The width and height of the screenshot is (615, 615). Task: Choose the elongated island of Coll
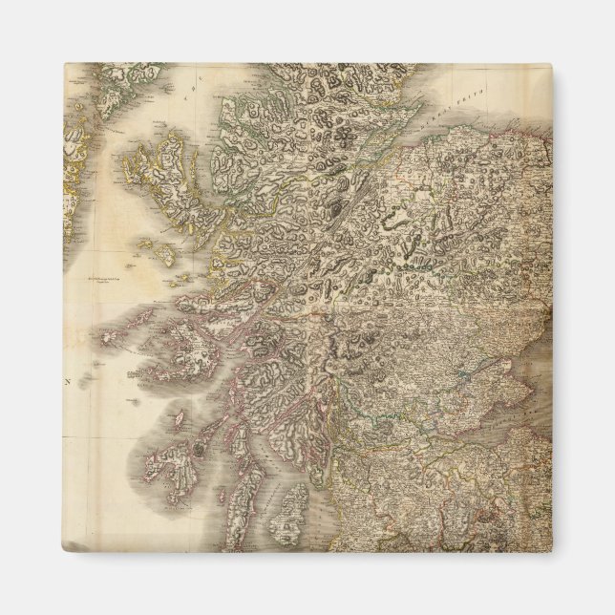(x=130, y=320)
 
